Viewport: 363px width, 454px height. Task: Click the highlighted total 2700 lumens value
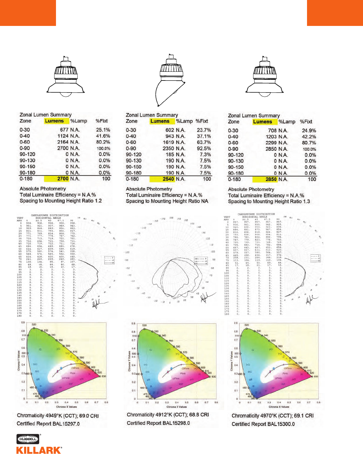coord(63,179)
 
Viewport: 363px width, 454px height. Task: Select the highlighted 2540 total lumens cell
coord(168,179)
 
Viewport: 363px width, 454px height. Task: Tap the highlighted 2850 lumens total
coord(271,179)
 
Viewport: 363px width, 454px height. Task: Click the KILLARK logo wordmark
coord(39,450)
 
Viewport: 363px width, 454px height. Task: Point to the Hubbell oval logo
coord(28,439)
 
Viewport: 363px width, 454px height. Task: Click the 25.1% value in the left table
coord(103,130)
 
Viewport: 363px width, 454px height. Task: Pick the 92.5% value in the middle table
coord(204,149)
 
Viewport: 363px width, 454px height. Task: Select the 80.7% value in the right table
coord(309,143)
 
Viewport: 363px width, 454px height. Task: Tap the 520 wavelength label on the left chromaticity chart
coord(34,325)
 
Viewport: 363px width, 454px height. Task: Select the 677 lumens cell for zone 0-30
coord(64,130)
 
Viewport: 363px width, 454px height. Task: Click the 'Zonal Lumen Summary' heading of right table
coord(254,115)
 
